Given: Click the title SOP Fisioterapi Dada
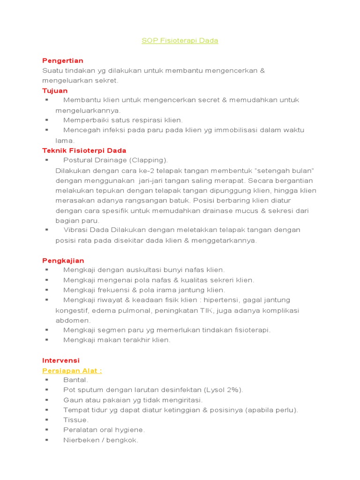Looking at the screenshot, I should click(x=180, y=41).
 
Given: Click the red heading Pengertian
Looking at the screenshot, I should click(x=63, y=60).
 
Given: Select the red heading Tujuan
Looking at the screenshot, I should click(x=55, y=90).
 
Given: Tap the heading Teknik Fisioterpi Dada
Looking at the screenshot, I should click(x=84, y=150).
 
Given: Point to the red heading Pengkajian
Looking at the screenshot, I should click(x=63, y=260).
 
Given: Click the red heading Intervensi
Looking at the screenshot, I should click(x=61, y=360).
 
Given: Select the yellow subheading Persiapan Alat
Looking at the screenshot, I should click(x=72, y=370).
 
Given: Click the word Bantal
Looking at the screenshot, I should click(x=75, y=380).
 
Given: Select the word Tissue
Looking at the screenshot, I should click(x=76, y=420).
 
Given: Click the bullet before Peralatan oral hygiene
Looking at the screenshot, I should click(x=47, y=430).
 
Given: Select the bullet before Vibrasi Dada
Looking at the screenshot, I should click(x=47, y=230).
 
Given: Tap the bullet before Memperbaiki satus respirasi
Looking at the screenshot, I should click(x=47, y=120).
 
